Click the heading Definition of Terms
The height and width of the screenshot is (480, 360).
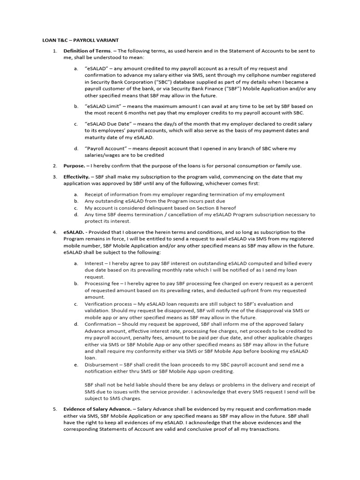tap(87, 51)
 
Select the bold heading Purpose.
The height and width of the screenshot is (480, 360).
tap(75, 165)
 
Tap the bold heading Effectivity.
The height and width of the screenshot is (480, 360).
tap(76, 177)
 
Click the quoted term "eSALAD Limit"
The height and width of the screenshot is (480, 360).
tap(102, 106)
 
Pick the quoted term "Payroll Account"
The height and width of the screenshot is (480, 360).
tap(104, 149)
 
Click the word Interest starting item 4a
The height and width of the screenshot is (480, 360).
tap(94, 263)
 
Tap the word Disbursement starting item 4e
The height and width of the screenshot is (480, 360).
tap(102, 364)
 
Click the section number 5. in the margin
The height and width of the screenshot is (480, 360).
tap(54, 409)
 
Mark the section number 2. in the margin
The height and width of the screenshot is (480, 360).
tap(54, 165)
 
